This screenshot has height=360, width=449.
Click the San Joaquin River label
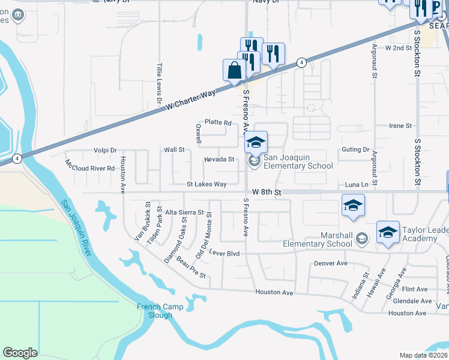(x=77, y=225)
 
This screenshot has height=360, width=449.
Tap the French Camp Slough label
(x=154, y=311)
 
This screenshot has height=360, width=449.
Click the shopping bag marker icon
(x=234, y=70)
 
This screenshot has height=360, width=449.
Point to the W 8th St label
(x=267, y=191)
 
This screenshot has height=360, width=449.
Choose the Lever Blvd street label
(x=225, y=254)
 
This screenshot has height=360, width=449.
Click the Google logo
(x=20, y=353)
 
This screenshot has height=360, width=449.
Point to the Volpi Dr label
(x=104, y=150)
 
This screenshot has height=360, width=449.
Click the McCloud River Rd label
(x=90, y=165)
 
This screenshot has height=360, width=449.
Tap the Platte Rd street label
(x=218, y=122)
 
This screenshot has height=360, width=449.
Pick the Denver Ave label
(x=331, y=263)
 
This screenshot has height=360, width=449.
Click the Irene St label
(x=400, y=126)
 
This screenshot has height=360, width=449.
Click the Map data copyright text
(x=424, y=355)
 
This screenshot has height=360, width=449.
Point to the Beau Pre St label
(x=191, y=271)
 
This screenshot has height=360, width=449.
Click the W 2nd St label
(x=399, y=47)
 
